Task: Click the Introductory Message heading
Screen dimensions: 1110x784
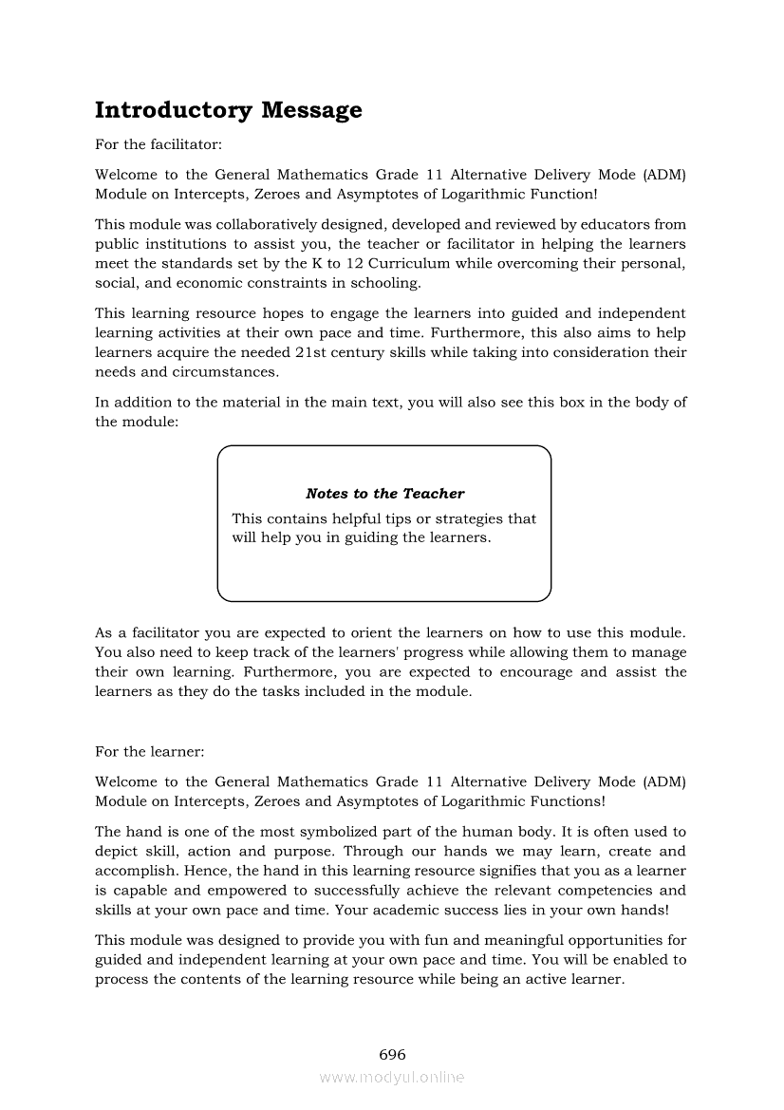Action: click(x=228, y=110)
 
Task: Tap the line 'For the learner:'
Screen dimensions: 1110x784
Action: click(x=150, y=751)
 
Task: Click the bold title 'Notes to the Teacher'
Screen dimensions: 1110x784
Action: click(x=384, y=494)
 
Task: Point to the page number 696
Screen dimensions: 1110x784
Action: click(x=392, y=1055)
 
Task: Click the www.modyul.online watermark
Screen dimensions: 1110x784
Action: click(x=392, y=1078)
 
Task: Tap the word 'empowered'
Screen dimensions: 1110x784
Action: click(x=252, y=891)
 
